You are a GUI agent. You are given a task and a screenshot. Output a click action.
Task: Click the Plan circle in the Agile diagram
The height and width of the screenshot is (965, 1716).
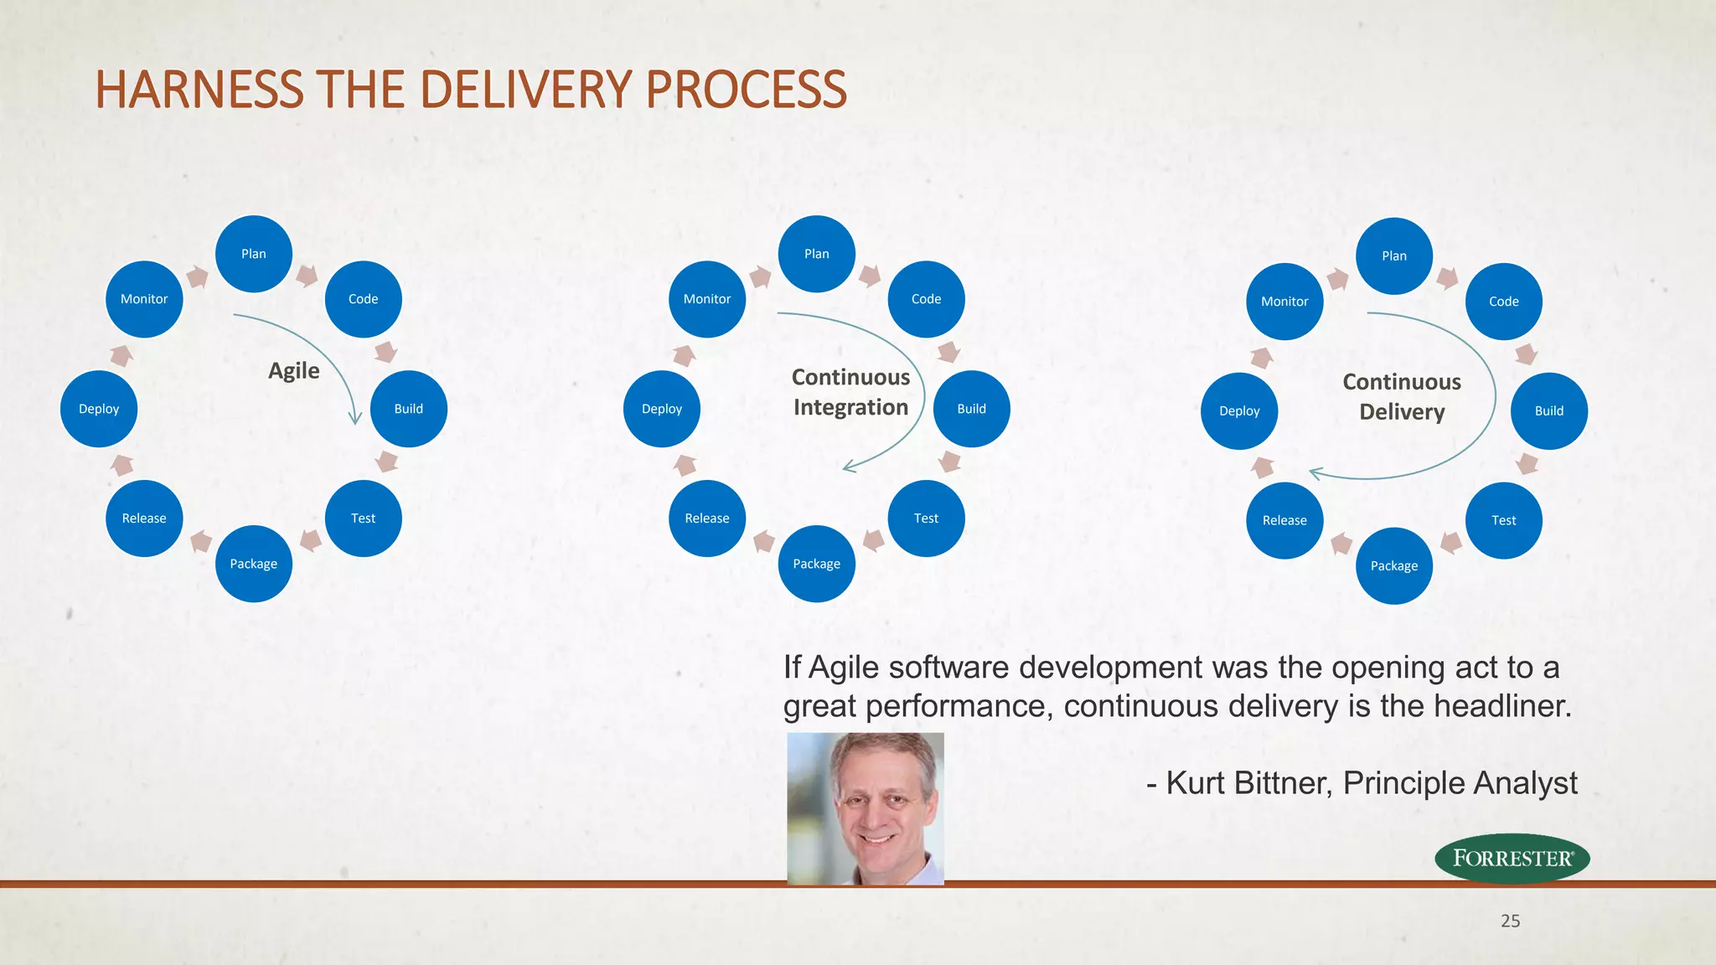click(x=253, y=254)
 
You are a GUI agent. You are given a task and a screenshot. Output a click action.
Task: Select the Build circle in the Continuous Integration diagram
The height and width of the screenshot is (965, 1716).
click(x=971, y=409)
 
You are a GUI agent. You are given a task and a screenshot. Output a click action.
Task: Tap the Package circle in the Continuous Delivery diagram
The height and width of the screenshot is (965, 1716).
click(x=1393, y=565)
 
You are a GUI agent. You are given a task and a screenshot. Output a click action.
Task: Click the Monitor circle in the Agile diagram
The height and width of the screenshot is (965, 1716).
click(x=144, y=299)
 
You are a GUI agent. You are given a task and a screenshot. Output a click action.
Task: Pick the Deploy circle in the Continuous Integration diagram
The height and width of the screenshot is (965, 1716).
click(x=661, y=409)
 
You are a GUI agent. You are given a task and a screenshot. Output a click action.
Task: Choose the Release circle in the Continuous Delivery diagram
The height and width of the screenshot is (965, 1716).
click(x=1284, y=520)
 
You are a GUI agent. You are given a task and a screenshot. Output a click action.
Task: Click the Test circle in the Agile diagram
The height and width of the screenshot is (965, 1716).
click(x=363, y=519)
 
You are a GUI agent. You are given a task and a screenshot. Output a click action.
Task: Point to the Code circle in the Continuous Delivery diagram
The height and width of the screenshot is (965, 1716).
click(x=1503, y=302)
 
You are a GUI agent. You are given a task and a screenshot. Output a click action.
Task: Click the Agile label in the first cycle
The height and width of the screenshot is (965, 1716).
click(x=293, y=370)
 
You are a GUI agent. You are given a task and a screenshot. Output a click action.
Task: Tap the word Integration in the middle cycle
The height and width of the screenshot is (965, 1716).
click(x=850, y=407)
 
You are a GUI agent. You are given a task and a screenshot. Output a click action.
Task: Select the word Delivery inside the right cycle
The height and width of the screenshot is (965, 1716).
click(x=1402, y=412)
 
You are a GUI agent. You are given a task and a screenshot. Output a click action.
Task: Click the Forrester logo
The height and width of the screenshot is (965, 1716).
click(x=1512, y=858)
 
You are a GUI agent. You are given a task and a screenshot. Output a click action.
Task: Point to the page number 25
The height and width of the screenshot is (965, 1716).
click(x=1510, y=921)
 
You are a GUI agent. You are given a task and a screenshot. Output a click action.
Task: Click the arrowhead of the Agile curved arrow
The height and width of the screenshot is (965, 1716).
click(x=355, y=419)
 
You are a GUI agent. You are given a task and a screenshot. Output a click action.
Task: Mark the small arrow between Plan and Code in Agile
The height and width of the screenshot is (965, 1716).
click(x=308, y=275)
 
